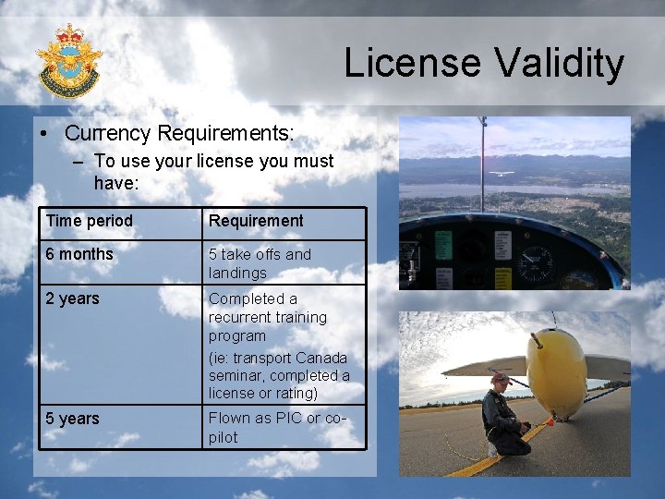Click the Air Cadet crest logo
point(67,61)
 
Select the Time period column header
point(90,221)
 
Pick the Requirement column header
point(256,221)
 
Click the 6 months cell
point(79,254)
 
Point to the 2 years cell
point(73,298)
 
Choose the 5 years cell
point(73,419)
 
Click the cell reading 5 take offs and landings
point(260,263)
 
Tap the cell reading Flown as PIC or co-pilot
point(277,428)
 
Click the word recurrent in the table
point(243,317)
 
